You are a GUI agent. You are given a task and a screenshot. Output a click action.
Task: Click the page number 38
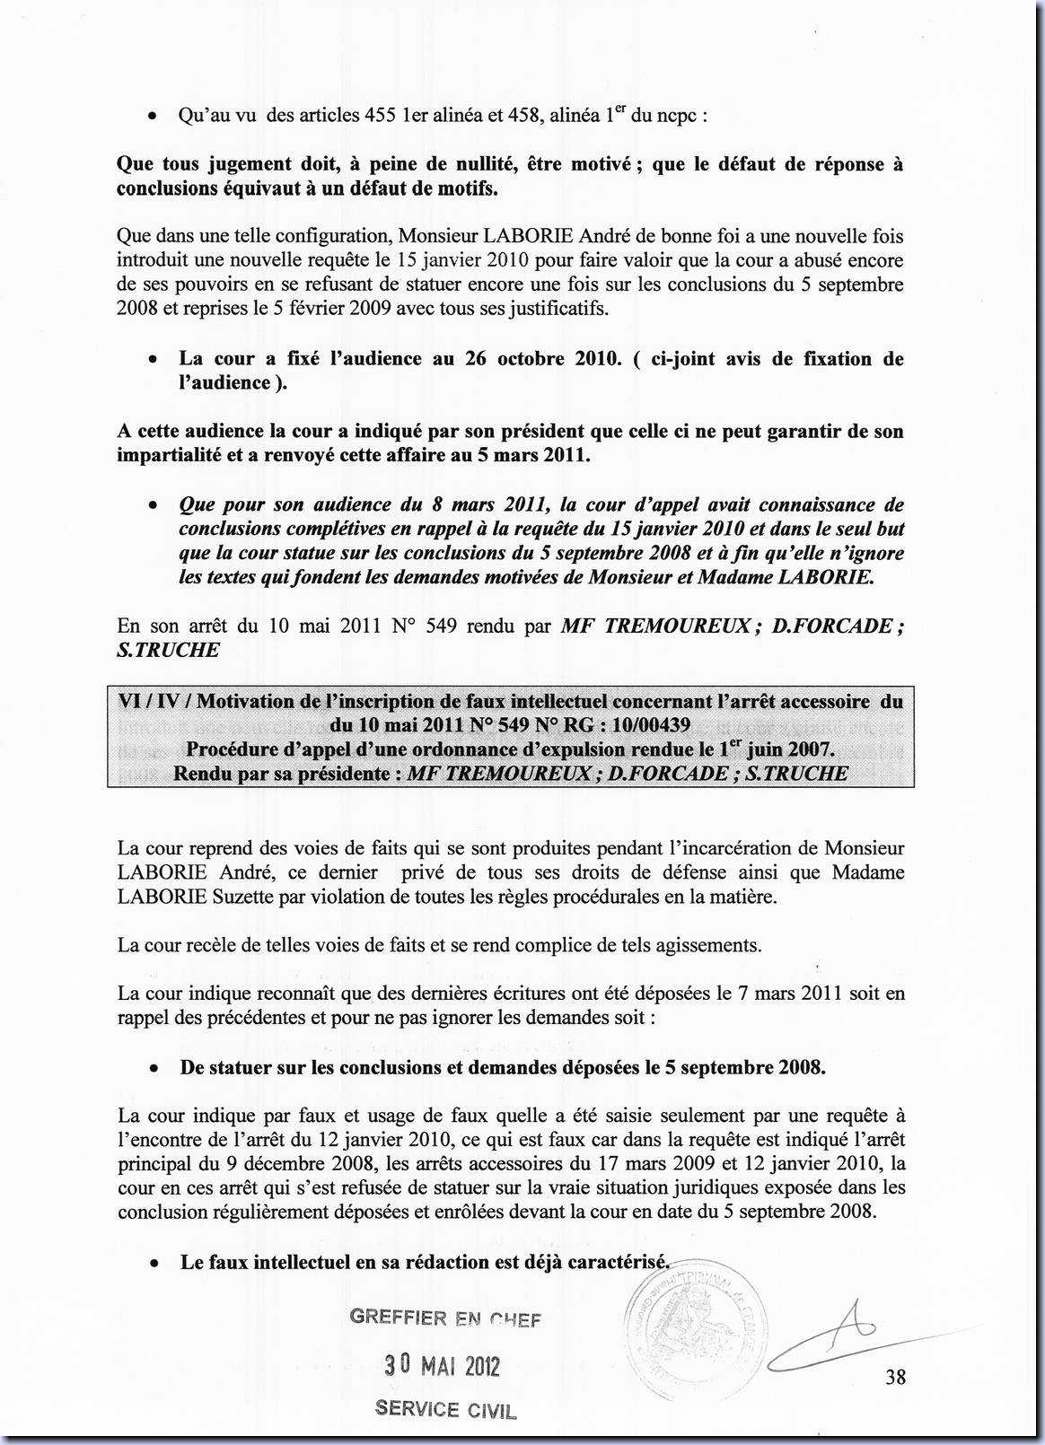(895, 1376)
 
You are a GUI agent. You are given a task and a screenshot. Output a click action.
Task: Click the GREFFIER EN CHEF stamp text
(445, 1318)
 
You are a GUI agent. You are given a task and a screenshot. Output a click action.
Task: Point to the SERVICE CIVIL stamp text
(446, 1409)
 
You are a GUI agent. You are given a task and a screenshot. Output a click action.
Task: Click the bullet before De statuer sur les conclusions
(155, 1069)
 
